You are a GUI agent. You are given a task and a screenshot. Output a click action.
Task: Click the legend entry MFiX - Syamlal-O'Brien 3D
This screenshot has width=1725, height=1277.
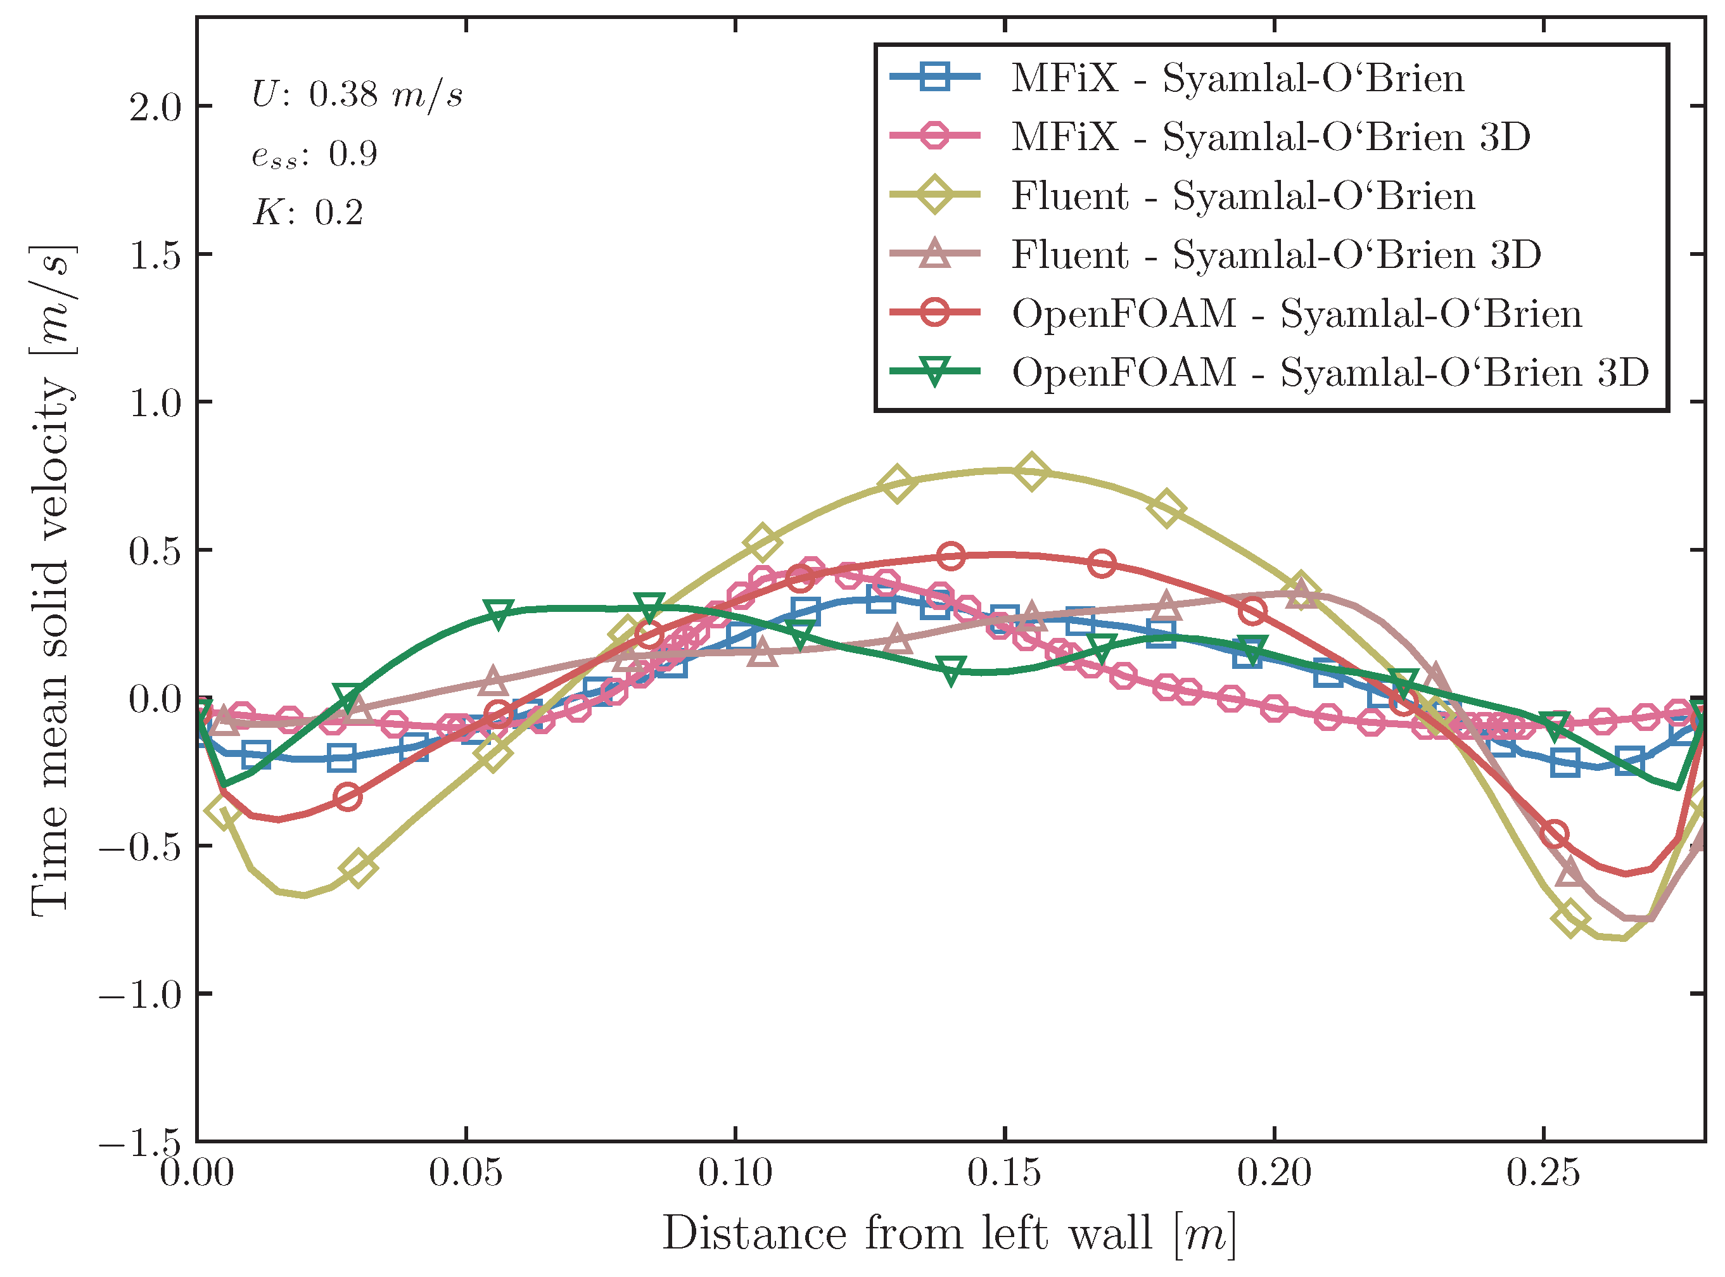coord(1271,137)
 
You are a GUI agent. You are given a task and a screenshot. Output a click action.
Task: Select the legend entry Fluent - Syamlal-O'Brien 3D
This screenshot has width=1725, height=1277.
coord(1276,254)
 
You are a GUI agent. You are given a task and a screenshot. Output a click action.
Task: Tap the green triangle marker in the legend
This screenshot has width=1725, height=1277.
coord(934,372)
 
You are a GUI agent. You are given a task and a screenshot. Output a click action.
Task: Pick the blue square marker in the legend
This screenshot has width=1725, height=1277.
coord(934,77)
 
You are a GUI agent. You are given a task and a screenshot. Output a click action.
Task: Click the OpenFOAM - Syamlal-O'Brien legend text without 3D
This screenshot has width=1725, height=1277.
coord(1297,314)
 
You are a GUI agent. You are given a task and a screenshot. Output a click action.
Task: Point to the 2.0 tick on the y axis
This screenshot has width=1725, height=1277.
coord(155,106)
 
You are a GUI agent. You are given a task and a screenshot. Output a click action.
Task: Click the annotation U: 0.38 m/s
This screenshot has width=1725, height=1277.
coord(357,95)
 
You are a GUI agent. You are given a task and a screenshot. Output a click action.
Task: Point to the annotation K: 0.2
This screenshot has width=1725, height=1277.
coord(308,213)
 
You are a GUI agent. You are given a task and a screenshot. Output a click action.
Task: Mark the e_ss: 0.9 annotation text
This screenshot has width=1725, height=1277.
coord(315,155)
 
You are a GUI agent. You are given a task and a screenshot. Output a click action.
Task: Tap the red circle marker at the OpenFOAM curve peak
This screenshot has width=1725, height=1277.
coord(951,556)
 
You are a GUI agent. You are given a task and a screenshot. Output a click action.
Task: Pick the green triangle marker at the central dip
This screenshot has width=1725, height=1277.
coord(952,670)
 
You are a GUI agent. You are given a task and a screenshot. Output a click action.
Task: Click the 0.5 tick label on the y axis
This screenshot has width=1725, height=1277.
coord(155,551)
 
